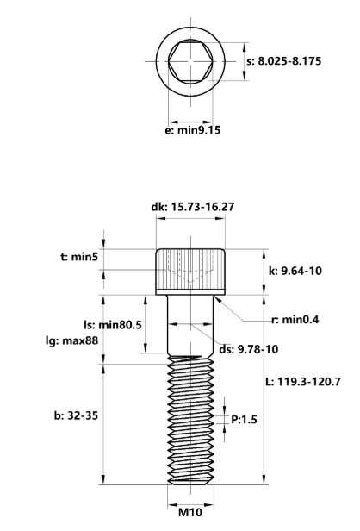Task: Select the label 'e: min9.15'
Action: (x=189, y=136)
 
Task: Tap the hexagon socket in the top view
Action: (x=189, y=61)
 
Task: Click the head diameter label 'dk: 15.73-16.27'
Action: (x=189, y=208)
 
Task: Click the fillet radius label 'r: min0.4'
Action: (x=295, y=320)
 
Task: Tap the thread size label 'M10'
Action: (x=189, y=511)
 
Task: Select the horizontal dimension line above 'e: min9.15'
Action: (x=189, y=122)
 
